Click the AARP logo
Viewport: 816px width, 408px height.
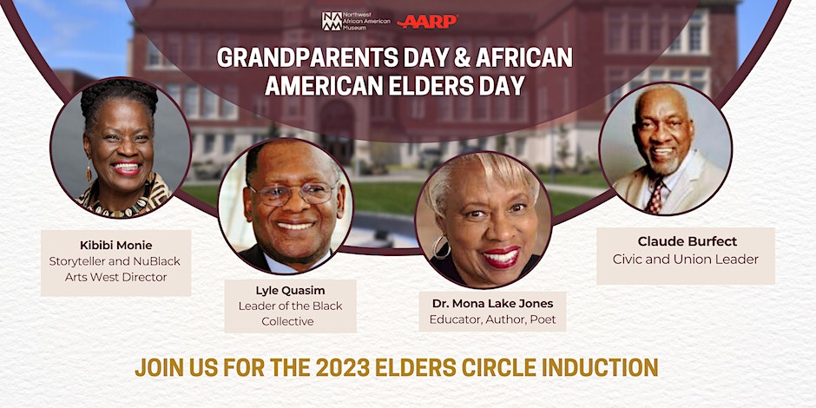point(427,22)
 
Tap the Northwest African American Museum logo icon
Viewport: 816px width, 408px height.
point(332,22)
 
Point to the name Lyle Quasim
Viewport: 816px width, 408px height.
point(291,291)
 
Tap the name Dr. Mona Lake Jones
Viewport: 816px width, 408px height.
point(492,304)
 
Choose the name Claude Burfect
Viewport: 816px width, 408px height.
point(686,242)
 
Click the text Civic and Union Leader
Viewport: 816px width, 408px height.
point(686,260)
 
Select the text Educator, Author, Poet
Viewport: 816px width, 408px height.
point(492,319)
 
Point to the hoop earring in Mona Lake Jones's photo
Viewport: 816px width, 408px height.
point(441,247)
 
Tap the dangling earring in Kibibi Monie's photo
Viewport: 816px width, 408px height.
point(89,172)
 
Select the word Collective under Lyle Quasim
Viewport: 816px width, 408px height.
point(288,321)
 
